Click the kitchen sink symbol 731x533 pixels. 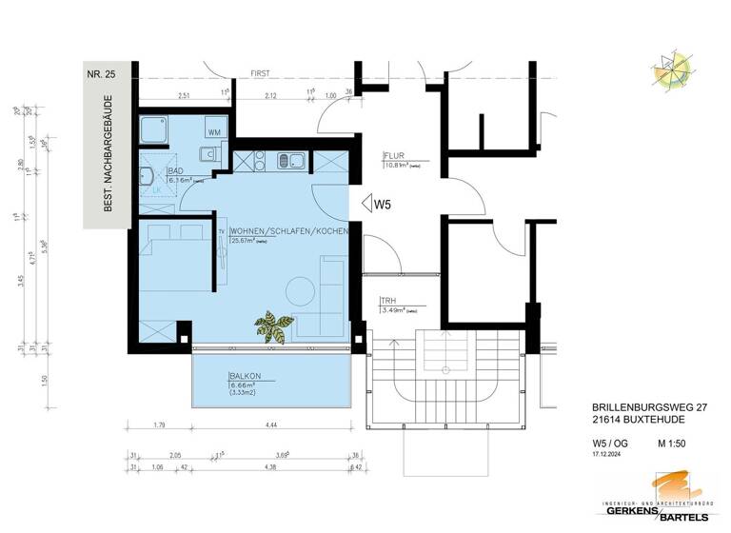click(x=289, y=161)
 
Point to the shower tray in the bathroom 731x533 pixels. click(x=153, y=129)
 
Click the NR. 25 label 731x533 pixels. click(x=101, y=73)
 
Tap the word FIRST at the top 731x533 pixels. click(x=261, y=73)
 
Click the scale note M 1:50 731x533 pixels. click(x=671, y=442)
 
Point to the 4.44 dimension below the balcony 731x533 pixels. click(x=271, y=424)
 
